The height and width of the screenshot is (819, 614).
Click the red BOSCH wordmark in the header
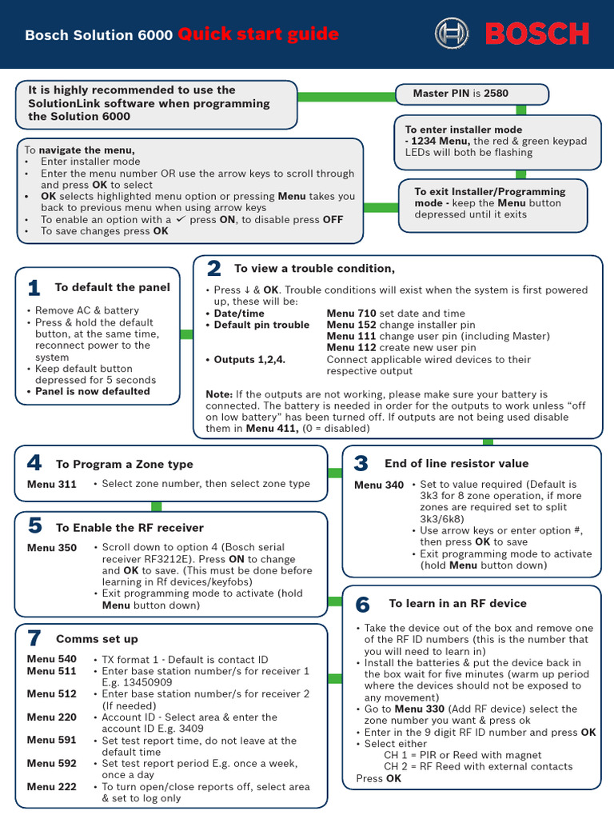pyautogui.click(x=536, y=34)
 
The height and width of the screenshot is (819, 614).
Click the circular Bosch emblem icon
pyautogui.click(x=452, y=34)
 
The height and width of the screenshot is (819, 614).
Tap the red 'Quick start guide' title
pyautogui.click(x=258, y=34)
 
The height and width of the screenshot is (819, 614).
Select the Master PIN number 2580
pyautogui.click(x=496, y=94)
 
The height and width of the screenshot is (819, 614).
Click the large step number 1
pyautogui.click(x=34, y=288)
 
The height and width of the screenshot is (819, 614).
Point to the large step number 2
pyautogui.click(x=213, y=269)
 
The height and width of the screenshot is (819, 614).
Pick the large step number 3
pyautogui.click(x=361, y=464)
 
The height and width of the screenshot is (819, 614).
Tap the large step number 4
pyautogui.click(x=34, y=463)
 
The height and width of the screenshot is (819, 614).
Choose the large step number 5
pyautogui.click(x=34, y=526)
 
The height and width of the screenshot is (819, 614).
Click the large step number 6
pyautogui.click(x=362, y=604)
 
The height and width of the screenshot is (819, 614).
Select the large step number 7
pyautogui.click(x=34, y=638)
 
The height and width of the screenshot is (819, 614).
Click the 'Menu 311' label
pyautogui.click(x=52, y=484)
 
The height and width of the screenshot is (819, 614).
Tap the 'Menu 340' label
pyautogui.click(x=379, y=485)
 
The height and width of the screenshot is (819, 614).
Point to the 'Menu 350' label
pyautogui.click(x=52, y=548)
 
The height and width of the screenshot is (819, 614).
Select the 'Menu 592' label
pyautogui.click(x=52, y=763)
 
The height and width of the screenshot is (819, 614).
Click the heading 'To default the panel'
pyautogui.click(x=112, y=287)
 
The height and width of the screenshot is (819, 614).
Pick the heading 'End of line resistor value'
pyautogui.click(x=457, y=463)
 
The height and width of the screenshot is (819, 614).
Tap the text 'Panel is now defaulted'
pyautogui.click(x=92, y=391)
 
